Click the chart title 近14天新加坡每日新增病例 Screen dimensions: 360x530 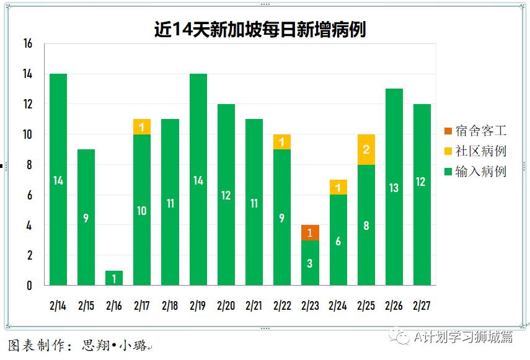tap(260, 29)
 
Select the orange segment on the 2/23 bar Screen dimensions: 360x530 tap(310, 232)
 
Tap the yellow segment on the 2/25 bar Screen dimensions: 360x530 tap(366, 149)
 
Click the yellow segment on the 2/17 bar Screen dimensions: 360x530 tap(141, 126)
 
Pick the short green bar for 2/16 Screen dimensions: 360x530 tap(114, 278)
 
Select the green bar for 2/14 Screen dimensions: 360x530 tap(58, 180)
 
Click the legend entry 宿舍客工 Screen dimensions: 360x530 tap(474, 131)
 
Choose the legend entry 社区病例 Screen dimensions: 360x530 tap(474, 151)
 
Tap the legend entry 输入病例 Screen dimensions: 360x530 tap(474, 171)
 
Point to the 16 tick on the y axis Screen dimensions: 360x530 tap(27, 44)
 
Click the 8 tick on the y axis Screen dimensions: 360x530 tap(29, 165)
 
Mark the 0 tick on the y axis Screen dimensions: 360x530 tap(29, 286)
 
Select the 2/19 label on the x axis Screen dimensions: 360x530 tap(198, 305)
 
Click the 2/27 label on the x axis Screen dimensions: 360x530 tap(422, 305)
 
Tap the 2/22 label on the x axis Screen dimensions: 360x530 tap(282, 305)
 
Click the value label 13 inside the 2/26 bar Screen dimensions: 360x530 tap(394, 188)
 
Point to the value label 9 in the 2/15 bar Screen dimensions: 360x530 tap(86, 218)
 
